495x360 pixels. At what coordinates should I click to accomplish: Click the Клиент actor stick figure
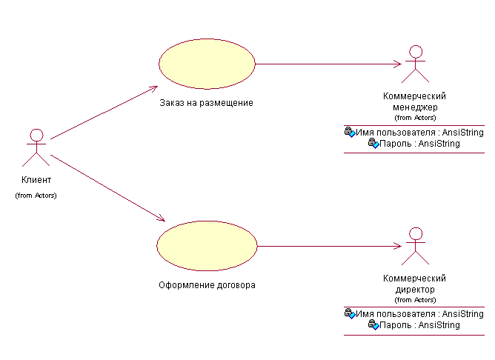pos(36,147)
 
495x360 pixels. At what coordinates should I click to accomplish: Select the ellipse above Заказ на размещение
pos(207,64)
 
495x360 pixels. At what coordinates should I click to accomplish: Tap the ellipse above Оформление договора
pos(207,246)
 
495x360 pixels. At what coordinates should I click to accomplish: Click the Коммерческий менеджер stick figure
pos(416,64)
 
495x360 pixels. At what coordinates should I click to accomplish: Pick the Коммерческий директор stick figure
pos(416,247)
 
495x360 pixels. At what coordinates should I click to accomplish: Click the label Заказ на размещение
pos(206,103)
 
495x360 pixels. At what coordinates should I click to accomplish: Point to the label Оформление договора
pos(207,285)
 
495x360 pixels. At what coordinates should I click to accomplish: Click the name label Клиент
pos(36,180)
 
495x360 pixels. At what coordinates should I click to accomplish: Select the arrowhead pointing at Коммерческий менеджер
pos(397,64)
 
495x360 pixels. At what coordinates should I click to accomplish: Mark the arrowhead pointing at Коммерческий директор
pos(397,246)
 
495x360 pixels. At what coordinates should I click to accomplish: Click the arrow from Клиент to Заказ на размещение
pos(104,113)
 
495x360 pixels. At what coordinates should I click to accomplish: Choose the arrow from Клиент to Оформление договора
pos(108,188)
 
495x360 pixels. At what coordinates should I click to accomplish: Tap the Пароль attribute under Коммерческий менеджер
pos(414,144)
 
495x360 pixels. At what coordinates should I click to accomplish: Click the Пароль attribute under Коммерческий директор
pos(414,325)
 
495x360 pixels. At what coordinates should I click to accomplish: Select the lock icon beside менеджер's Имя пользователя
pos(350,132)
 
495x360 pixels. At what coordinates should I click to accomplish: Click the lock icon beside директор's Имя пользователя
pos(350,313)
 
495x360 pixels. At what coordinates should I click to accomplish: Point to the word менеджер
pos(415,107)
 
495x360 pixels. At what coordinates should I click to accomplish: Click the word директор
pos(415,290)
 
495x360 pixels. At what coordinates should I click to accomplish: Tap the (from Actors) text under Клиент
pos(36,196)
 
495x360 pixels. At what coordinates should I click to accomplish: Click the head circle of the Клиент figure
pos(36,135)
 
